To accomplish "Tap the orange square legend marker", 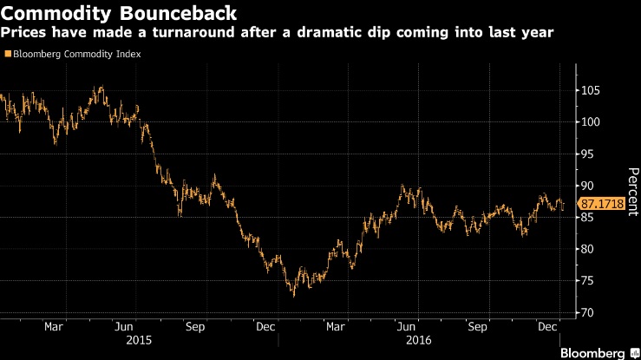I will tap(8, 54).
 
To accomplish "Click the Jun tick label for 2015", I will tap(124, 327).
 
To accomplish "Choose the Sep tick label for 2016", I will tap(477, 327).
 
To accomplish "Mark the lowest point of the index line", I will tap(293, 296).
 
